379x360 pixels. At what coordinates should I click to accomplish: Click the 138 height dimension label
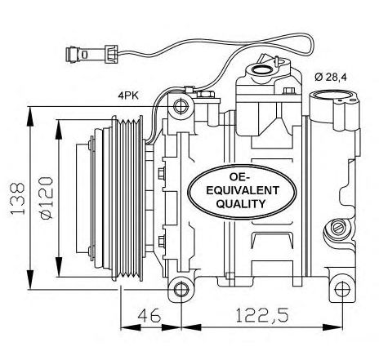(17, 198)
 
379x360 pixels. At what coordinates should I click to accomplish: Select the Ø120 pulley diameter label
(47, 198)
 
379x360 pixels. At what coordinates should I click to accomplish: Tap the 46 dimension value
(149, 315)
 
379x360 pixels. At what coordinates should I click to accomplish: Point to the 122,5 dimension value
(261, 316)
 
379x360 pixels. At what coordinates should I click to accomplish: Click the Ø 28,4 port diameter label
(331, 78)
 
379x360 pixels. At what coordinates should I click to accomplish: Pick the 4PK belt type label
(128, 96)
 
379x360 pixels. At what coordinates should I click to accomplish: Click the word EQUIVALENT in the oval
(243, 190)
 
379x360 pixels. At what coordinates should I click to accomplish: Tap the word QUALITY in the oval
(241, 203)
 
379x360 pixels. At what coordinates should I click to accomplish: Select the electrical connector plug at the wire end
(91, 54)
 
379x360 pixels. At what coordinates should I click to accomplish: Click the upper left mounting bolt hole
(181, 106)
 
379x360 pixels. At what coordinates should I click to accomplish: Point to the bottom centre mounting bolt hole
(181, 289)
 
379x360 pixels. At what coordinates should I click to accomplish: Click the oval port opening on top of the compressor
(262, 69)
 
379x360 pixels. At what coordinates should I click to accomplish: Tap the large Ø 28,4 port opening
(332, 96)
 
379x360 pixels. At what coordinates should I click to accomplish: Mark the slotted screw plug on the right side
(338, 227)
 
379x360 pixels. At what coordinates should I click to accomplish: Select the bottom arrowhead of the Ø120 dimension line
(59, 268)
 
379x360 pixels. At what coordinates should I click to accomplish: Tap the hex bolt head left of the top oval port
(205, 94)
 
